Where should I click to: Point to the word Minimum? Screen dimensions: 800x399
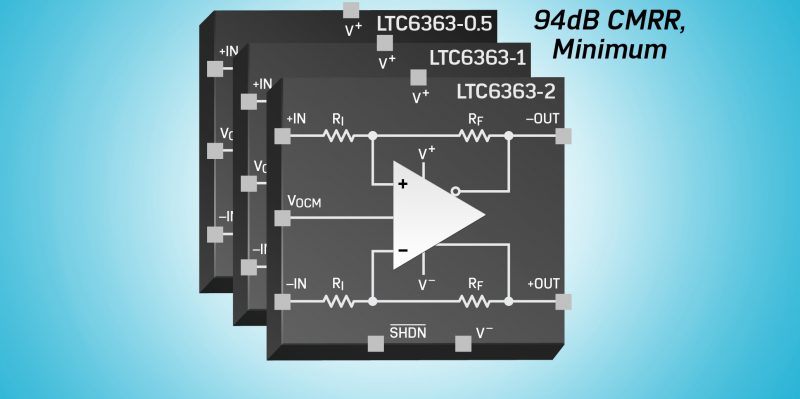click(x=611, y=49)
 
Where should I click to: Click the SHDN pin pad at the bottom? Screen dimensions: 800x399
click(x=376, y=343)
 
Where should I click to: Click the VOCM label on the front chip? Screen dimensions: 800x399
click(x=305, y=201)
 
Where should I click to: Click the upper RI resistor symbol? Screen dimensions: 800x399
click(x=337, y=134)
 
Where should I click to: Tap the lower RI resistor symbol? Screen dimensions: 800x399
click(x=337, y=301)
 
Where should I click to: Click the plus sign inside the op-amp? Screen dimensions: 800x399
click(x=403, y=184)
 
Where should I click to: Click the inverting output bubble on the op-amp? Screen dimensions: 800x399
click(x=456, y=189)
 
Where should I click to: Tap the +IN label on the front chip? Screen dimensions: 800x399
click(x=297, y=119)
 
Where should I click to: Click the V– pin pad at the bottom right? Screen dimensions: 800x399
click(x=463, y=343)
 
